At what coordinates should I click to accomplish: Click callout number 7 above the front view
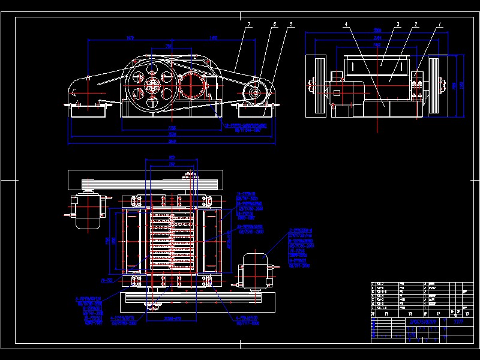(x=248, y=24)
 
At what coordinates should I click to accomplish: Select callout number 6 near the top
(x=274, y=25)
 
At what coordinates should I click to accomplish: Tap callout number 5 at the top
(x=291, y=25)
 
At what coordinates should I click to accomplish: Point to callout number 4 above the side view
(x=346, y=25)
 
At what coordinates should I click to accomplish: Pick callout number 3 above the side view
(x=398, y=25)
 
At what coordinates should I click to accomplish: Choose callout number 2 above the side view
(x=415, y=25)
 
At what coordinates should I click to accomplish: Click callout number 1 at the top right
(x=440, y=25)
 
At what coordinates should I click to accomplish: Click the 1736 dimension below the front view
(x=172, y=128)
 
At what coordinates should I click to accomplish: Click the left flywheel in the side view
(x=316, y=85)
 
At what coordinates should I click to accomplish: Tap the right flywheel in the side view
(x=436, y=85)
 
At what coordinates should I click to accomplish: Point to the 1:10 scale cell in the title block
(x=459, y=322)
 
